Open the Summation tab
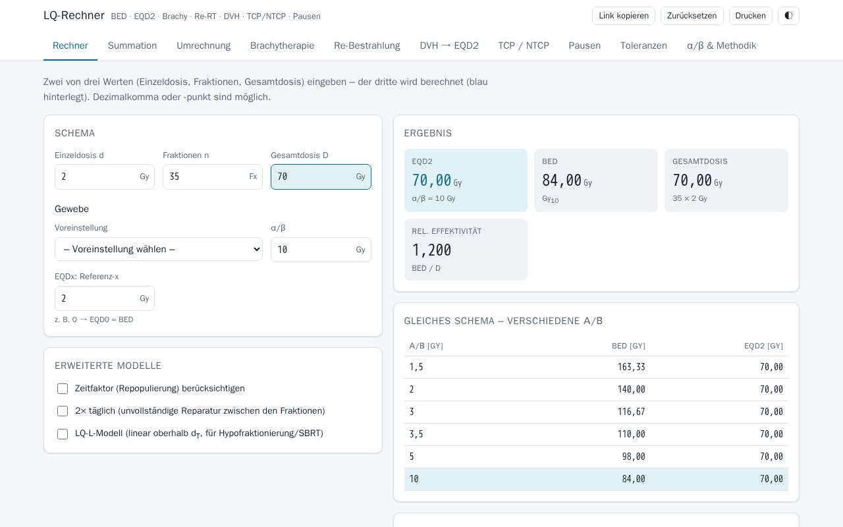(x=132, y=45)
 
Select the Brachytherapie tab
(x=282, y=45)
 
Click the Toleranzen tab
(x=643, y=45)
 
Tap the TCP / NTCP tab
(x=524, y=45)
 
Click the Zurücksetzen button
(x=692, y=16)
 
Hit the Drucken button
(x=750, y=16)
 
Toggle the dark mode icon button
(x=788, y=16)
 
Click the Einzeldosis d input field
(x=105, y=177)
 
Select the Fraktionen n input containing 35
(x=212, y=177)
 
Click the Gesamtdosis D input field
(x=321, y=177)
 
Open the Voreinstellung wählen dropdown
(x=159, y=249)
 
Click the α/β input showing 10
(x=321, y=250)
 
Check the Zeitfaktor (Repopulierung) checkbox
(x=63, y=389)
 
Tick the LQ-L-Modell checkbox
(x=63, y=433)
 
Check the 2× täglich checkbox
(x=63, y=411)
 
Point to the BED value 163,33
(x=631, y=367)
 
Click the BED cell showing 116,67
(x=631, y=412)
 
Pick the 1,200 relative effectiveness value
(x=431, y=250)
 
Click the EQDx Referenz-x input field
(x=105, y=298)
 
